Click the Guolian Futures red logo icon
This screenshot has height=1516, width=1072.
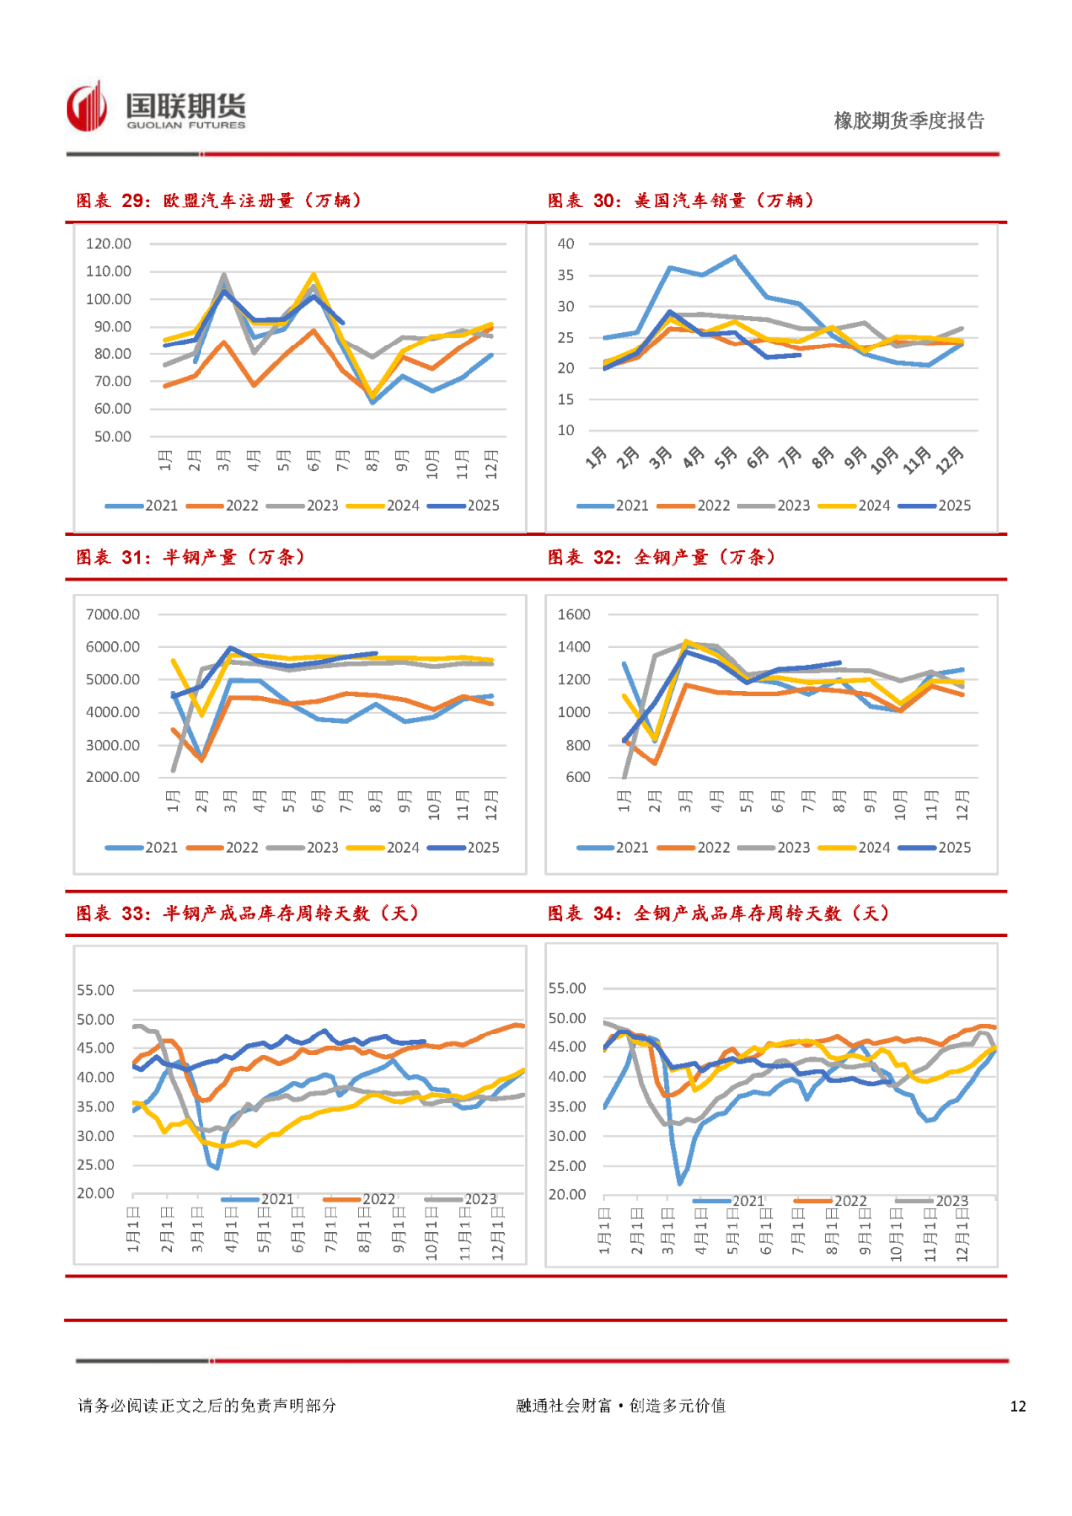(x=87, y=107)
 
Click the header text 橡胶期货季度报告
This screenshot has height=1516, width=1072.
(x=908, y=121)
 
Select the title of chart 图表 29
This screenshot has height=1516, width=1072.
(x=219, y=201)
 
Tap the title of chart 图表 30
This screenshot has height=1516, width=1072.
(x=681, y=201)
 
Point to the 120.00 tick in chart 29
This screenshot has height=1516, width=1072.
(x=109, y=244)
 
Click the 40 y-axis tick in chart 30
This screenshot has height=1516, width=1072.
(x=566, y=244)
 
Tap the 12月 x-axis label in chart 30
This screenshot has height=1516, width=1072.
(x=949, y=459)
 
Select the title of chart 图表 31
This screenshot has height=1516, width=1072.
(x=191, y=557)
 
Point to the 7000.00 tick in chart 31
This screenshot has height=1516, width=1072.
(x=113, y=615)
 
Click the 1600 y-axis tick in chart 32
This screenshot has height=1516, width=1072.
(x=574, y=615)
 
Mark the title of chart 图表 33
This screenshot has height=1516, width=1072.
(x=247, y=913)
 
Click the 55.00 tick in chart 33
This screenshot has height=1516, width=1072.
(x=96, y=990)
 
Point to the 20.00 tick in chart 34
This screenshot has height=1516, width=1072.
(x=567, y=1195)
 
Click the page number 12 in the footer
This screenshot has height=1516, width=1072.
(x=1018, y=1406)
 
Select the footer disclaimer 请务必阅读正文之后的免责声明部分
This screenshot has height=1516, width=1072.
(x=207, y=1406)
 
